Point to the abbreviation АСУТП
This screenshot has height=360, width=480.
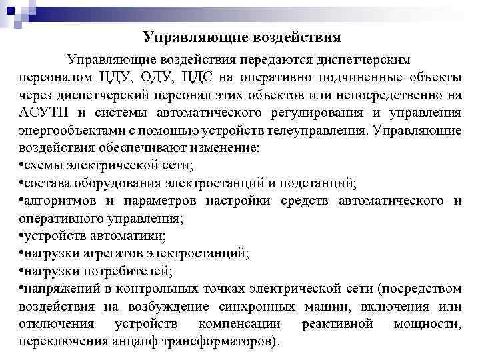click(42, 111)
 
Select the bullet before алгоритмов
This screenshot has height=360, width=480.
click(22, 199)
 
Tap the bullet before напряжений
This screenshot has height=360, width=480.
click(22, 287)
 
